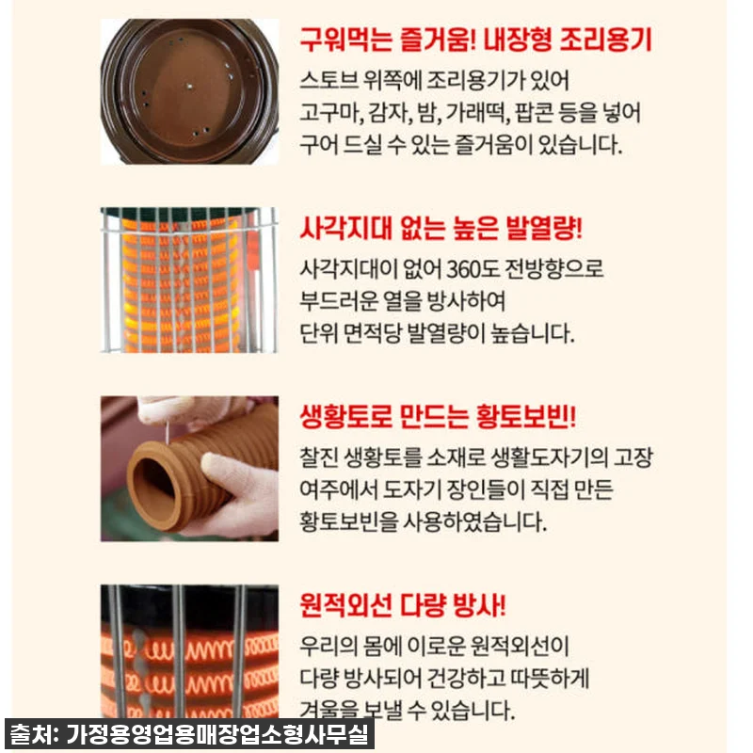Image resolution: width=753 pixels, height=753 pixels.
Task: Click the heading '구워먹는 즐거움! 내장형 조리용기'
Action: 475,40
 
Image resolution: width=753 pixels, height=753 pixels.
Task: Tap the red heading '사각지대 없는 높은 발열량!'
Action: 441,229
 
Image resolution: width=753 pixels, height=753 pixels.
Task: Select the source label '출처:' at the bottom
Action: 34,733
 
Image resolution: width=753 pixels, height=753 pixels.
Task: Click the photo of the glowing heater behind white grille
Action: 190,280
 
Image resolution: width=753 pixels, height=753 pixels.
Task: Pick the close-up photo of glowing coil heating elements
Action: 190,649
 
